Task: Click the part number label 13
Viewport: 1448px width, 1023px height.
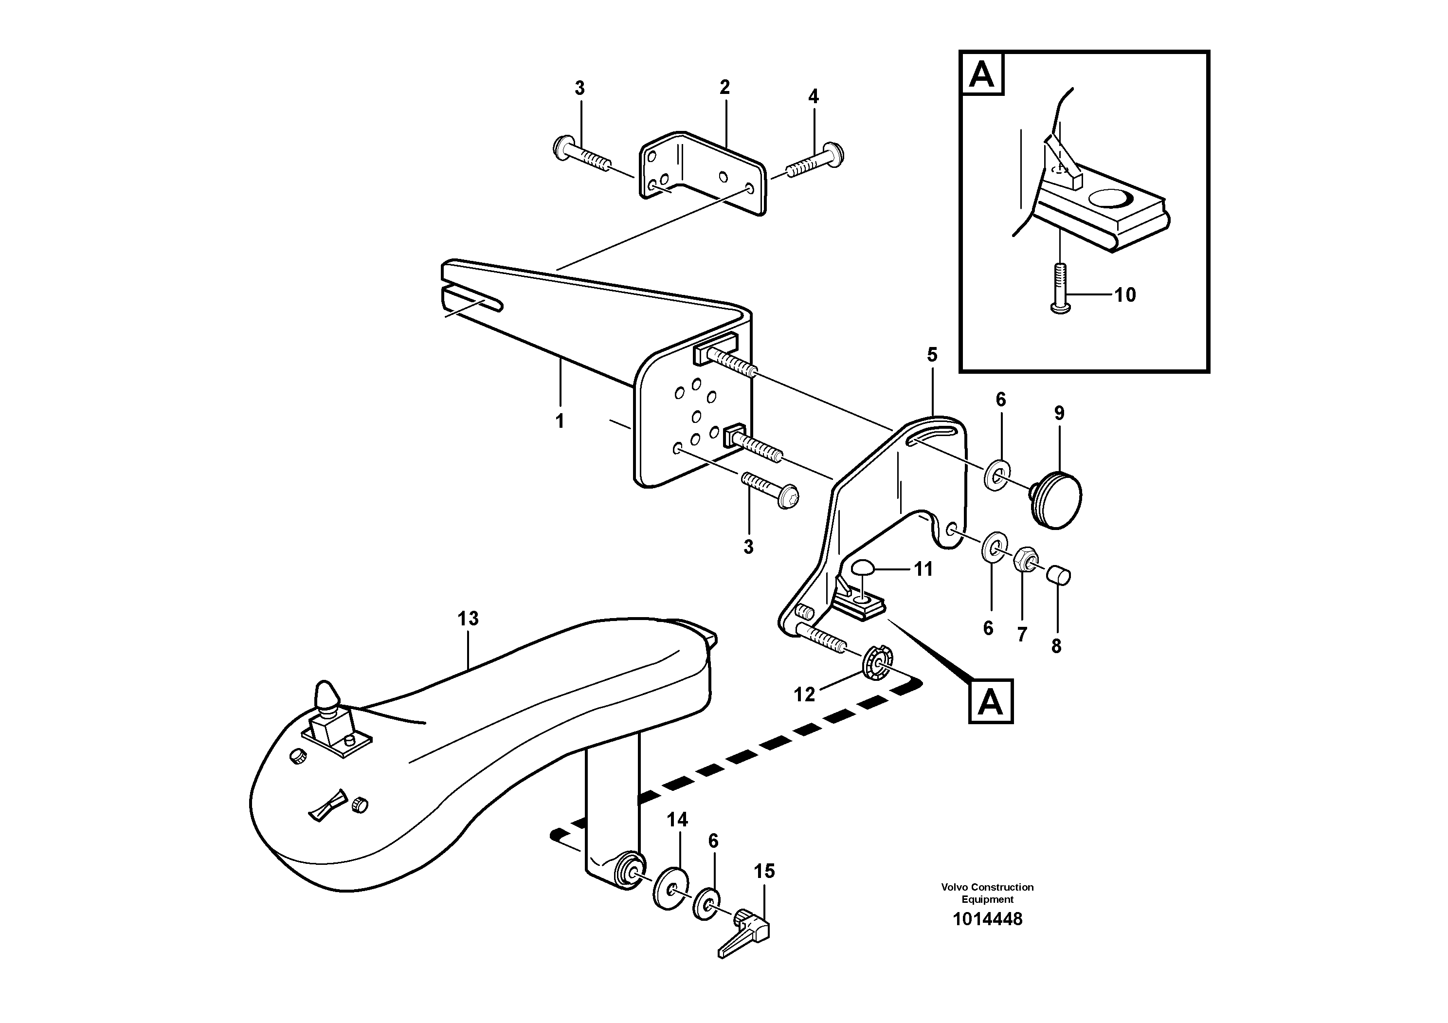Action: [468, 619]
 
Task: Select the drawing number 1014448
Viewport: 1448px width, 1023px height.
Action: [987, 919]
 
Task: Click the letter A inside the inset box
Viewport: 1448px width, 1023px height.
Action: [981, 74]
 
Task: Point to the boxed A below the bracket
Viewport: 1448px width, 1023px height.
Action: [990, 701]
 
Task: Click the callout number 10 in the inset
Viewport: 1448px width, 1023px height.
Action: [1124, 294]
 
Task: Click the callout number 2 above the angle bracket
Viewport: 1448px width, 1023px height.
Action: [724, 88]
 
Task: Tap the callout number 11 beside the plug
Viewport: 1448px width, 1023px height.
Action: [923, 569]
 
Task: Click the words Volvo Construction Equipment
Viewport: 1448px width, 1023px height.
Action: [987, 893]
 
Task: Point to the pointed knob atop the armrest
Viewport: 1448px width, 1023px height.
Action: [326, 695]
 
